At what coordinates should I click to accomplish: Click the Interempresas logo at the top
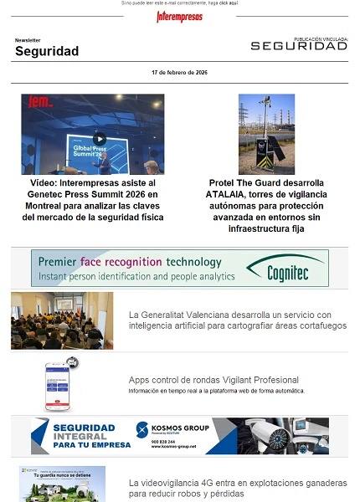click(x=179, y=17)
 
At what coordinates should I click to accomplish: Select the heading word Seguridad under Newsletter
click(x=47, y=52)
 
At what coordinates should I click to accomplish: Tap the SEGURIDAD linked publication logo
click(x=299, y=46)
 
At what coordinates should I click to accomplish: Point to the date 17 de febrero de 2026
click(x=179, y=74)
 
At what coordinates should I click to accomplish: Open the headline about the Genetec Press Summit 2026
click(x=93, y=200)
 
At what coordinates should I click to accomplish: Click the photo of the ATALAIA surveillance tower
click(x=266, y=134)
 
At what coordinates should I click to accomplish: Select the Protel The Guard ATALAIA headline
click(x=266, y=205)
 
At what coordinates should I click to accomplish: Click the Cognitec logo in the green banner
click(x=288, y=269)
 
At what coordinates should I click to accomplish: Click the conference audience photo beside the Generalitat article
click(x=62, y=320)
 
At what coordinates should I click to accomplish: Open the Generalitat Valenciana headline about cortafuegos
click(x=237, y=320)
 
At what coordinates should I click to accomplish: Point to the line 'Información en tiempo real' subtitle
click(x=216, y=391)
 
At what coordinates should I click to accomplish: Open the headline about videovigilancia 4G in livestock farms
click(x=237, y=489)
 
